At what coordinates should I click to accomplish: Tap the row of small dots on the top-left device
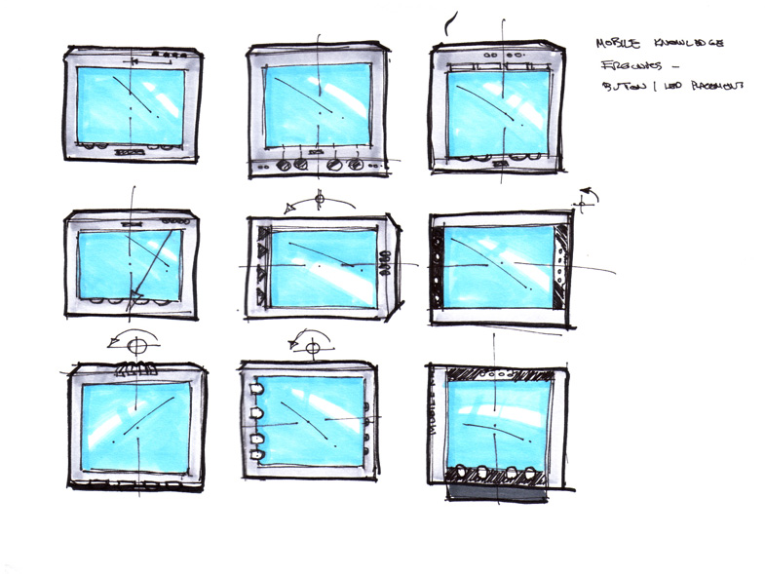pyautogui.click(x=171, y=52)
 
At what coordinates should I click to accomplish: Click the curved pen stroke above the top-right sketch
pyautogui.click(x=447, y=21)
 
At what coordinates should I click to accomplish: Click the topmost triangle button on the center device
pyautogui.click(x=261, y=232)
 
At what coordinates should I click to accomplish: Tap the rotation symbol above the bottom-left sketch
pyautogui.click(x=137, y=344)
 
